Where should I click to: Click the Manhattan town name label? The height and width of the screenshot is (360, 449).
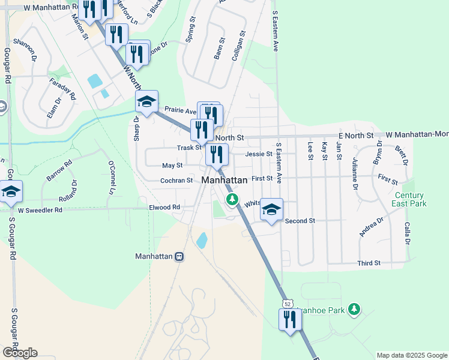[x=224, y=180]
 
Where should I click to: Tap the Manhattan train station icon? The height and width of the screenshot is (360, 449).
[x=179, y=257]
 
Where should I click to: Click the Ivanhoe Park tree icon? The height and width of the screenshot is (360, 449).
[x=355, y=309]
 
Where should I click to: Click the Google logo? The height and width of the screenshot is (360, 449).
[x=20, y=352]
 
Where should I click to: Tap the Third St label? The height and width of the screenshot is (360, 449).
[x=369, y=263]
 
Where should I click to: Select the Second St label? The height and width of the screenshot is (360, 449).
[x=300, y=221]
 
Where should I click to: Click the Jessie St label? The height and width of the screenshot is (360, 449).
[x=259, y=154]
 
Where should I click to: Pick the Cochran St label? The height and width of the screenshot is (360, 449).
[x=176, y=180]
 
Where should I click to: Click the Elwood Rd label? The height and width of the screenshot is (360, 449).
[x=164, y=207]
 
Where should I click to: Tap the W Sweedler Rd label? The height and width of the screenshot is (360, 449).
[x=40, y=210]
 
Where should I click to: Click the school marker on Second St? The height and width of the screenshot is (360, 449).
[x=271, y=209]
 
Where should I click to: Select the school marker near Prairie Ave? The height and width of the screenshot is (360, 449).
[x=146, y=101]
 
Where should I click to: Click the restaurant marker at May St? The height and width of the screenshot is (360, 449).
[x=216, y=155]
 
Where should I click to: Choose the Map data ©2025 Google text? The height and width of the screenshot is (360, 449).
[x=411, y=355]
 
